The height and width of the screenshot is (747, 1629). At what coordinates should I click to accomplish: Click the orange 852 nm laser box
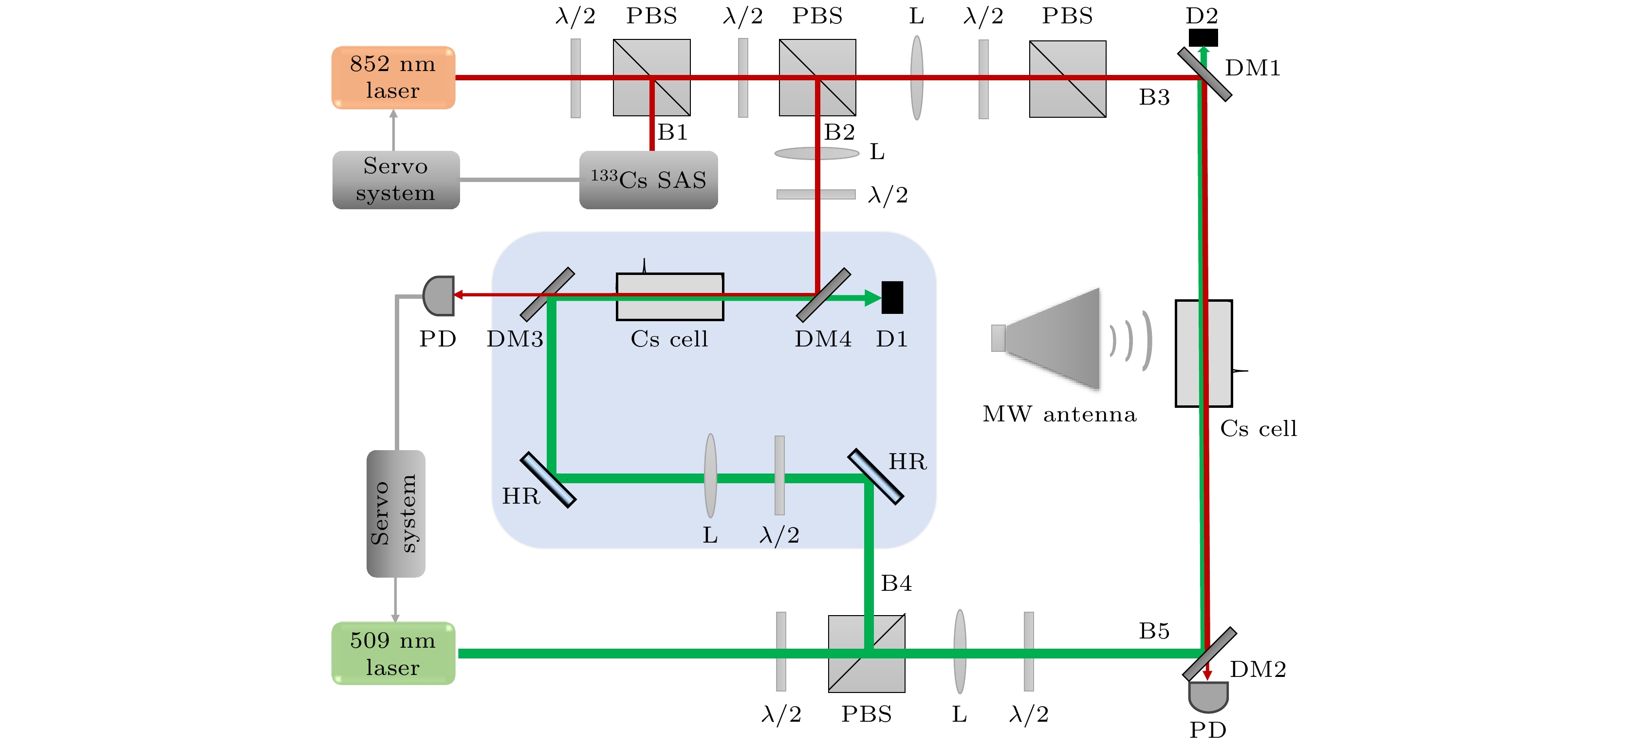[393, 77]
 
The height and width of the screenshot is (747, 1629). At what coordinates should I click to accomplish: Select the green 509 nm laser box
[393, 653]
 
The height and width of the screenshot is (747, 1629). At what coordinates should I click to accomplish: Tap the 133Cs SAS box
[648, 180]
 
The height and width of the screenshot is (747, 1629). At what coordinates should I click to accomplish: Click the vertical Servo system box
[395, 513]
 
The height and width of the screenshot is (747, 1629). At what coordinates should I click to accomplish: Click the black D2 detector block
[1203, 37]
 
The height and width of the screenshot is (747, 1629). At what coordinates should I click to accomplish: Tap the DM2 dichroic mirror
[1209, 654]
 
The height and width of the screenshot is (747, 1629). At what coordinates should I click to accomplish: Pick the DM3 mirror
[547, 294]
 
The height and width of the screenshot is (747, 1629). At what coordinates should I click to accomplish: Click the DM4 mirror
[823, 295]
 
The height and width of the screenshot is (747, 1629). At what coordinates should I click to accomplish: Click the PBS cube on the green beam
[867, 654]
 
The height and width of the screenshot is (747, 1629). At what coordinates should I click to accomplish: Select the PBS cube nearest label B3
[1068, 79]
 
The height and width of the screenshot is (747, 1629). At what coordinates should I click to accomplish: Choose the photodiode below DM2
[1208, 696]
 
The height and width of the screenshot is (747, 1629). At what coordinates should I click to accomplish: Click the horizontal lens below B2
[816, 153]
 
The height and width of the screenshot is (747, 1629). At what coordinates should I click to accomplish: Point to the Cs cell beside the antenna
[1203, 353]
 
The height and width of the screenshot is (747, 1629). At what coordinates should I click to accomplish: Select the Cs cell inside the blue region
[670, 296]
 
